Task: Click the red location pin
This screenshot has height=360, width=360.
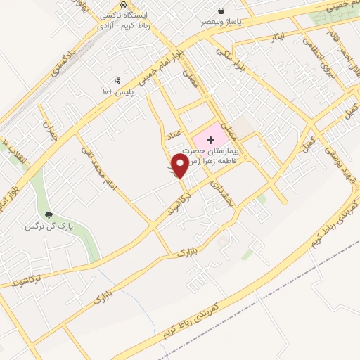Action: [181, 166]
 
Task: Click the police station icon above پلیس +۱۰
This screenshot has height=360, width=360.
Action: [117, 81]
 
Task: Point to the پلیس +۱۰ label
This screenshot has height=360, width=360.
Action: [117, 91]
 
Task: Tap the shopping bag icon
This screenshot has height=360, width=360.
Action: [222, 11]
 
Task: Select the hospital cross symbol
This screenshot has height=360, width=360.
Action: [211, 141]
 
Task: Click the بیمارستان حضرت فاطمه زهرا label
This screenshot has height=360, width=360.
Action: [211, 155]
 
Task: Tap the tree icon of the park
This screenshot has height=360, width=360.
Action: [49, 215]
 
